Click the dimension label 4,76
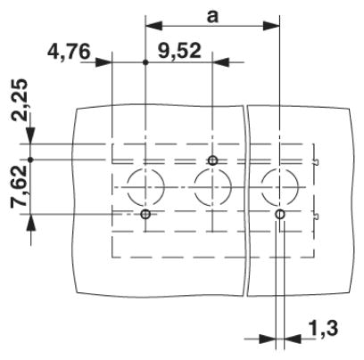(x=69, y=52)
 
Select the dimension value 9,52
(x=179, y=51)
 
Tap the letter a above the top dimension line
(x=212, y=17)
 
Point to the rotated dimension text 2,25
(x=20, y=101)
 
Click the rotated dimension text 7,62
(x=20, y=186)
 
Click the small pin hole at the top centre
(x=212, y=160)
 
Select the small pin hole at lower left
(x=145, y=214)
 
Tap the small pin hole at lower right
(x=280, y=214)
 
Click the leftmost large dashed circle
(x=128, y=187)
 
